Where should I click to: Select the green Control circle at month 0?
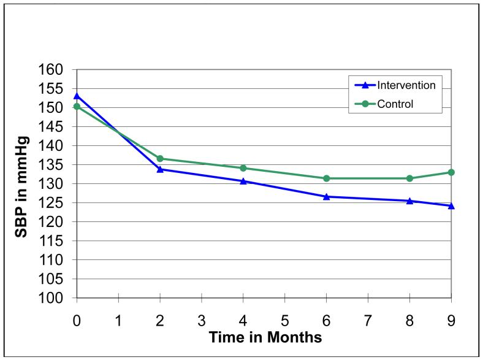[77, 107]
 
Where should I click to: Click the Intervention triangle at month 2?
[160, 169]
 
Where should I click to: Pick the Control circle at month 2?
[160, 159]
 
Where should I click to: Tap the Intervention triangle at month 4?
[243, 181]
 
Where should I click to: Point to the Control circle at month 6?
[326, 178]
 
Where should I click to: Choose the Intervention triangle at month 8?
[409, 201]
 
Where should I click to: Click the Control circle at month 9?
[451, 172]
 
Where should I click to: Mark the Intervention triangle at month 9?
[451, 205]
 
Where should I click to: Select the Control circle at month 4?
[243, 168]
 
